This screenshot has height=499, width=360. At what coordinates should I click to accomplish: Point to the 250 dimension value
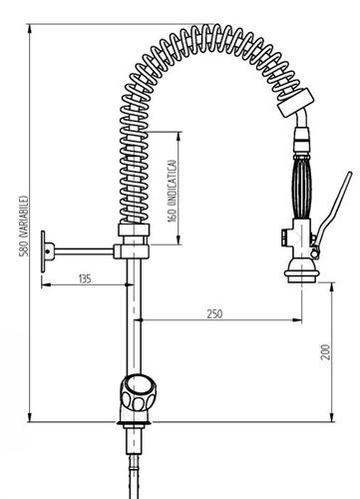[214, 313]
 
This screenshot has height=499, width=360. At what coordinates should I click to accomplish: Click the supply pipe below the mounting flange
[133, 464]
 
